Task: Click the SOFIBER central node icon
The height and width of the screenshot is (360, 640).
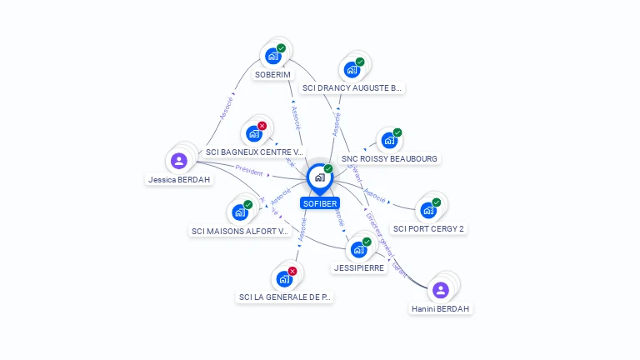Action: (x=319, y=177)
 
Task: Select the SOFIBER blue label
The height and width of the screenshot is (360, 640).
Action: (x=320, y=203)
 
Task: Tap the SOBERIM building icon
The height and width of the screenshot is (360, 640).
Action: (x=272, y=57)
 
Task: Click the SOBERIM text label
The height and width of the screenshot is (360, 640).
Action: (x=272, y=75)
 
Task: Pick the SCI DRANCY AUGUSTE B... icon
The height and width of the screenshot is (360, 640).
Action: (x=352, y=69)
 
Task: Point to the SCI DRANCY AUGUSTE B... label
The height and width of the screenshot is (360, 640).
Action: (x=352, y=87)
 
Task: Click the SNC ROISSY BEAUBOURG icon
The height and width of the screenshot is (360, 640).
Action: (x=388, y=141)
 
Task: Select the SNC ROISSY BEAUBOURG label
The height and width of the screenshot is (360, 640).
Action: (x=389, y=158)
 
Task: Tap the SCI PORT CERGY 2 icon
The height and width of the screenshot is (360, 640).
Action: (x=428, y=210)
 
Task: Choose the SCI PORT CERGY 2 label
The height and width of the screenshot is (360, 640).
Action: (x=428, y=228)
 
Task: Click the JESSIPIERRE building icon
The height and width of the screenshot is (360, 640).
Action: (x=358, y=249)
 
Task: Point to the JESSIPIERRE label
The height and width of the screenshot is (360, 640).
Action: (x=358, y=268)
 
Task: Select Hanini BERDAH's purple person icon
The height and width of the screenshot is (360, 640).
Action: (x=441, y=290)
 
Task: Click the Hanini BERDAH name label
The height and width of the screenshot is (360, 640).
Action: (x=441, y=308)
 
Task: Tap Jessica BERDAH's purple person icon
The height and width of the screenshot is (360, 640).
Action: (x=178, y=161)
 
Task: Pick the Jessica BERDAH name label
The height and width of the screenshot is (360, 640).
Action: (x=179, y=179)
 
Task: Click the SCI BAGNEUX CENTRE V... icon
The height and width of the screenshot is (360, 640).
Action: (x=254, y=133)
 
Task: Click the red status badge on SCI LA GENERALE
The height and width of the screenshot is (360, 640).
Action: (x=292, y=271)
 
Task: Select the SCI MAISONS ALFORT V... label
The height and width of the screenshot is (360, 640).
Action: (x=239, y=231)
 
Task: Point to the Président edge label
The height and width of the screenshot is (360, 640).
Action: (x=249, y=170)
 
